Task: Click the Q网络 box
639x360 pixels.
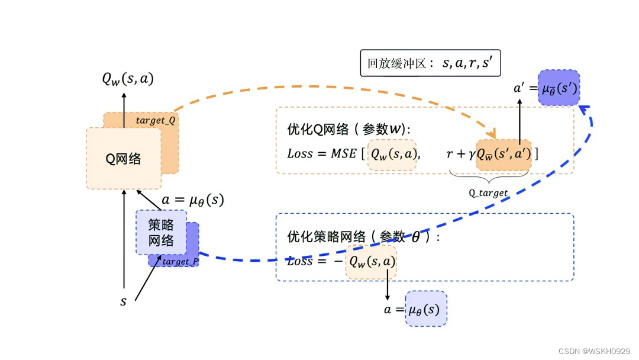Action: pyautogui.click(x=124, y=158)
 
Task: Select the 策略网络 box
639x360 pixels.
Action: pyautogui.click(x=161, y=233)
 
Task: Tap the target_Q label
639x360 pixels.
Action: pyautogui.click(x=156, y=120)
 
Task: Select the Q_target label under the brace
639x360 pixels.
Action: pyautogui.click(x=489, y=193)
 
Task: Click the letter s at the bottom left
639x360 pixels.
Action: pyautogui.click(x=124, y=301)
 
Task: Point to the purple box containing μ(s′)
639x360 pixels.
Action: pyautogui.click(x=559, y=89)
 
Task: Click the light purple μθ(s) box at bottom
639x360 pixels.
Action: pyautogui.click(x=426, y=309)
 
